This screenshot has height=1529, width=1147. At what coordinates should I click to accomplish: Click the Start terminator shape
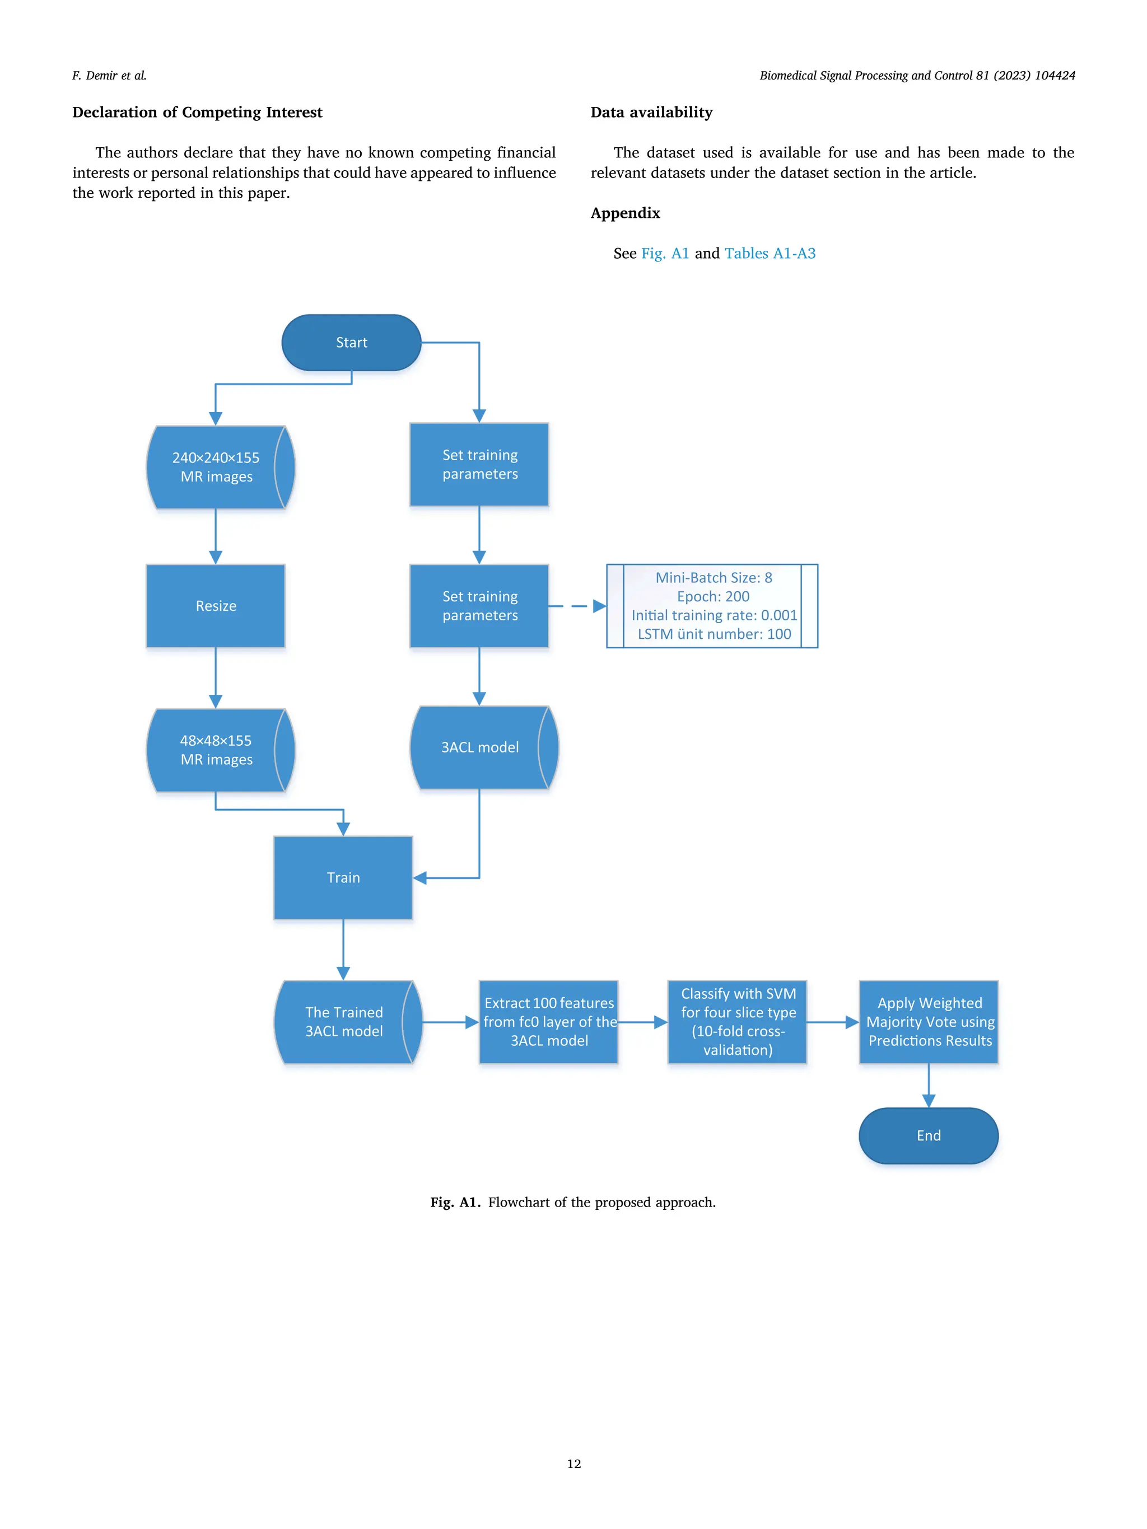coord(351,342)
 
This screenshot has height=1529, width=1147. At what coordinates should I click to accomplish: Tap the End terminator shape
coord(928,1135)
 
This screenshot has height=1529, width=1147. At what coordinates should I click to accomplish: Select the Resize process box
coord(216,606)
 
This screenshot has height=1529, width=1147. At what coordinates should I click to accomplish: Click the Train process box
coord(343,877)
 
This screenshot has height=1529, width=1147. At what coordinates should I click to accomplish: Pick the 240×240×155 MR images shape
coord(216,467)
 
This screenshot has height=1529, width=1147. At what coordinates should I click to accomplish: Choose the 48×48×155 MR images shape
coord(216,750)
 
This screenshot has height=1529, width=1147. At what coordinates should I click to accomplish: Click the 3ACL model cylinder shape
coord(480,747)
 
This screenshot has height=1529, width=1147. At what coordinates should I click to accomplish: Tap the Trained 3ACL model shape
coord(344,1022)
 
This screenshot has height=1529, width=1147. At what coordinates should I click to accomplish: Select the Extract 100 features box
coord(548,1022)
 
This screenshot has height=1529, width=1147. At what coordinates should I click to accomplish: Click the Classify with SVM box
coord(737,1022)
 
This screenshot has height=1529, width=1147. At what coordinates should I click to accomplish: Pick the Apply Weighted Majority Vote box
coord(929,1022)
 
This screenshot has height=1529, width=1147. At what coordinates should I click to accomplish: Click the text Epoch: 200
coord(713,596)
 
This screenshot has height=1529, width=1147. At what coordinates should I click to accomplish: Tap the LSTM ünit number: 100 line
coord(714,634)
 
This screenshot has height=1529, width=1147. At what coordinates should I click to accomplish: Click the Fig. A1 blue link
coord(664,253)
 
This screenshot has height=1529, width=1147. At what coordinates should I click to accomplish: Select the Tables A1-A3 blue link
coord(770,253)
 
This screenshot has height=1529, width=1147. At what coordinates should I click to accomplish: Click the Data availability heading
coord(651,112)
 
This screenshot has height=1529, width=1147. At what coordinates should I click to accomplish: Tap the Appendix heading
coord(625,213)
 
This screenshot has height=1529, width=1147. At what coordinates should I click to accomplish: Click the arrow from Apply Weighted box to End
coord(929,1085)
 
